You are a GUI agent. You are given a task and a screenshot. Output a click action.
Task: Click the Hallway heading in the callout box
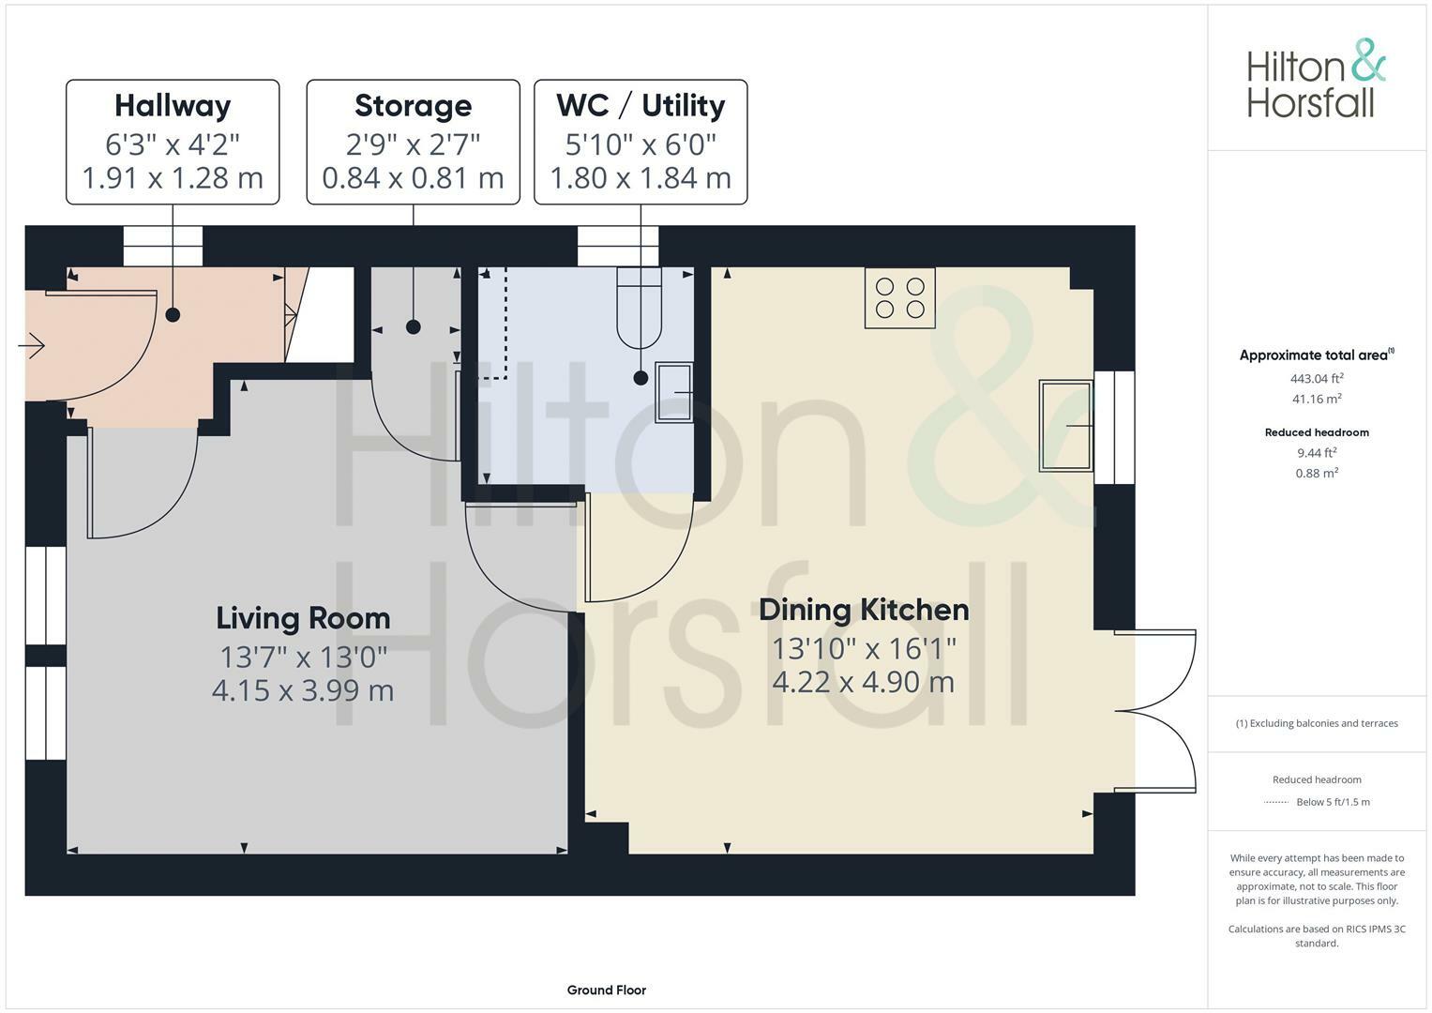173,106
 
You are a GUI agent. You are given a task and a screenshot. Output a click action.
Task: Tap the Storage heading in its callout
413,106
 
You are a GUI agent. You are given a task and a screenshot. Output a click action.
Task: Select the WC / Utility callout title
641,106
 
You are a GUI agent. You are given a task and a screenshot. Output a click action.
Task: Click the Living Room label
303,618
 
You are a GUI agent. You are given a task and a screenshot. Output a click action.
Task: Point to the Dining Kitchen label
864,610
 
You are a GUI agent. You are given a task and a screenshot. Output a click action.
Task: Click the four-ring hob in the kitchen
900,297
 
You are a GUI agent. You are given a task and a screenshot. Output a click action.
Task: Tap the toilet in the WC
640,308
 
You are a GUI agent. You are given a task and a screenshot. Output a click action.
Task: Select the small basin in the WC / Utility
673,392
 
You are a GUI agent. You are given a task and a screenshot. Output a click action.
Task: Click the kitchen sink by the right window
1066,426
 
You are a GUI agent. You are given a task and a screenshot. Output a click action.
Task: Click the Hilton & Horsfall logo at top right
1316,79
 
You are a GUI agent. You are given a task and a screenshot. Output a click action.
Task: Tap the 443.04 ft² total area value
1317,379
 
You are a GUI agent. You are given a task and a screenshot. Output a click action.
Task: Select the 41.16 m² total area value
1317,399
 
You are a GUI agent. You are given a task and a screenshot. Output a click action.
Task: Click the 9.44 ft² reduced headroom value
1317,452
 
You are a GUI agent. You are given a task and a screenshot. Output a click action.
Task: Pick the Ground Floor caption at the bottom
606,990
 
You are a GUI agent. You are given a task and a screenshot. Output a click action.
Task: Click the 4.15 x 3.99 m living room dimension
303,691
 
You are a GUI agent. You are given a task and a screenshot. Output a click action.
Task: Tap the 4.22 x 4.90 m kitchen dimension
864,682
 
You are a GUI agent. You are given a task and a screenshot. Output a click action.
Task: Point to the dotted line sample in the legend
1276,802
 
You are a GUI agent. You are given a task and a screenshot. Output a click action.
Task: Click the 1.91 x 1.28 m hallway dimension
173,178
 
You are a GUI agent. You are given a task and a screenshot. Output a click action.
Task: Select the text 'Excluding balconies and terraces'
1322,723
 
